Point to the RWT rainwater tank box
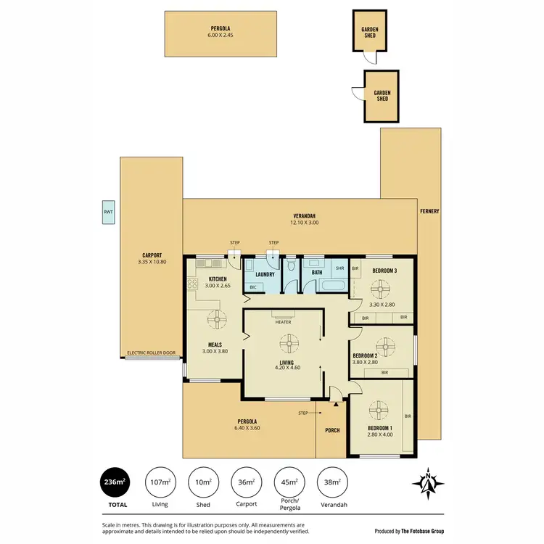point(108,213)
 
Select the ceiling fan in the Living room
point(288,343)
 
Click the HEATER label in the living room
point(283,321)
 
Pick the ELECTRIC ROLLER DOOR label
point(151,353)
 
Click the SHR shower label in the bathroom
point(339,268)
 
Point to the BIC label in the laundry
point(252,287)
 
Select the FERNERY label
point(429,212)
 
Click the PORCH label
point(332,430)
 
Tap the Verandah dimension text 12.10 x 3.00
point(305,223)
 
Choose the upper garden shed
point(370,31)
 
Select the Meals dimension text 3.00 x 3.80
point(215,352)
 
